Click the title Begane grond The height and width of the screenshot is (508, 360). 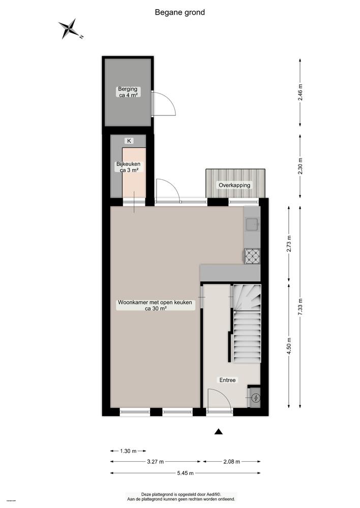(180, 12)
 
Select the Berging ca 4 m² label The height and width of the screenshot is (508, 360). (128, 92)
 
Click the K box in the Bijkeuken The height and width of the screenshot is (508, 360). (129, 141)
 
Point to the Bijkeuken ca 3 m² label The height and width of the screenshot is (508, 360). (128, 167)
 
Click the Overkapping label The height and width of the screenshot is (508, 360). (235, 185)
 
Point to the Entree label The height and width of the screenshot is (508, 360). (227, 379)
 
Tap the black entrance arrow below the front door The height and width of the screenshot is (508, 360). (219, 432)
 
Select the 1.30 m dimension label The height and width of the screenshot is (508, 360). (128, 451)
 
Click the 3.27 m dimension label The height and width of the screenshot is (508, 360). (156, 462)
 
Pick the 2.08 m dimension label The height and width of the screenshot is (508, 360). (232, 462)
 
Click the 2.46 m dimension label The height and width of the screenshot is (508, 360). (300, 92)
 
